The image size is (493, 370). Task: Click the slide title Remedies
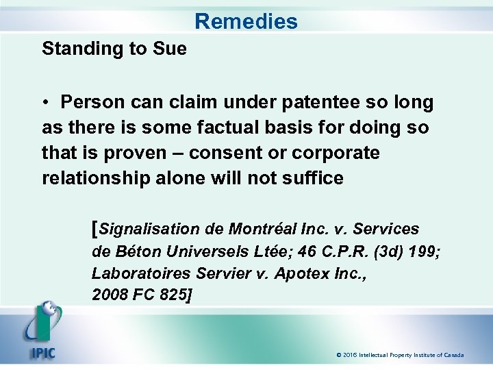(246, 21)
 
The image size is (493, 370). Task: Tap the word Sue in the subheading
(171, 49)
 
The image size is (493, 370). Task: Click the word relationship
(99, 177)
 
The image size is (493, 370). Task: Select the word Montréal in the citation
(265, 230)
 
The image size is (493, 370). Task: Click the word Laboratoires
(141, 273)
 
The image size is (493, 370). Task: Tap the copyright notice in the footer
(400, 355)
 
